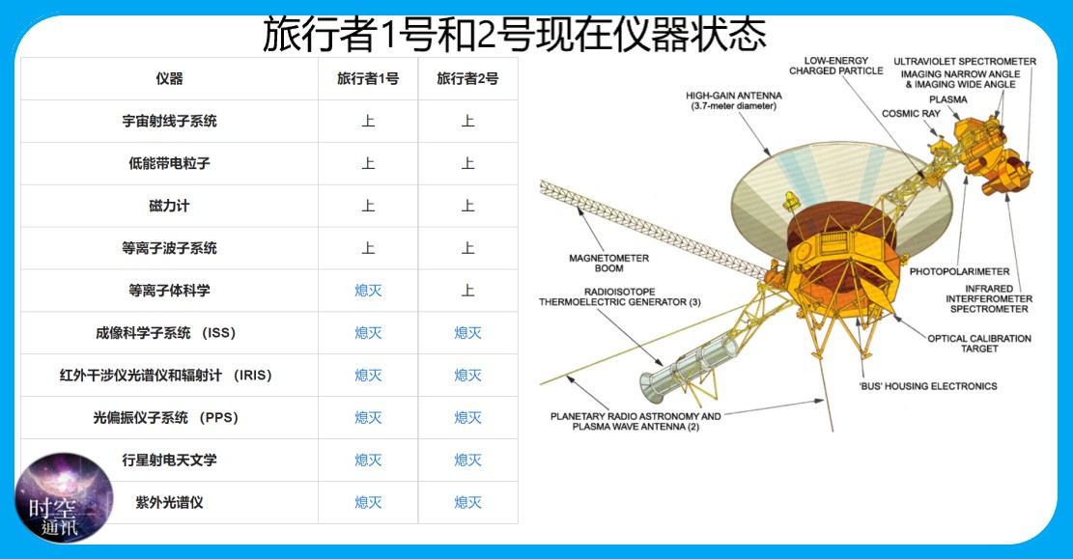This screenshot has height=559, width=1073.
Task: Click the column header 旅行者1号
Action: (x=368, y=78)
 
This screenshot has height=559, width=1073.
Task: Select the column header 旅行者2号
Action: (x=468, y=78)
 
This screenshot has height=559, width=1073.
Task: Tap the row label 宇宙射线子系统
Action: (x=170, y=121)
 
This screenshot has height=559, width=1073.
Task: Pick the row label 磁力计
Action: (x=170, y=206)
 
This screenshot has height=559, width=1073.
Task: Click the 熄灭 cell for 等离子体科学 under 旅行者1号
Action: (x=368, y=291)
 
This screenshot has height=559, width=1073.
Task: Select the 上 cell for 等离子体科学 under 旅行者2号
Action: (x=468, y=291)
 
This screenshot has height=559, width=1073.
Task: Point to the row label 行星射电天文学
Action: (x=170, y=461)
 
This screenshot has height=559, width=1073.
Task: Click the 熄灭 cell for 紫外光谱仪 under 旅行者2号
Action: (x=468, y=503)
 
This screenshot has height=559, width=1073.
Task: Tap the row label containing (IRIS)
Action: (x=165, y=376)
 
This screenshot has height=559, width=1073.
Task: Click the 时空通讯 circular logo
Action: (x=63, y=497)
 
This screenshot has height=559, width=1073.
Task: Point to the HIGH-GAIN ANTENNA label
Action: (x=734, y=100)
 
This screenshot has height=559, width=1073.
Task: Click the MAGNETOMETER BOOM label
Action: (x=609, y=264)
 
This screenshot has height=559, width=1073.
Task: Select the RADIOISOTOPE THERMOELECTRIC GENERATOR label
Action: (x=619, y=297)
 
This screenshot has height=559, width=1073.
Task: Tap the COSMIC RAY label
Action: (x=911, y=114)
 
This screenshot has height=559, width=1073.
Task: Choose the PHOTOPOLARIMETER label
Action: (x=959, y=271)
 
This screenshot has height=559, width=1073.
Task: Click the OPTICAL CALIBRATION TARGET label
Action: (x=979, y=344)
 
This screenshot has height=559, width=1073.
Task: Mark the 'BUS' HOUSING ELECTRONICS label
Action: (x=928, y=386)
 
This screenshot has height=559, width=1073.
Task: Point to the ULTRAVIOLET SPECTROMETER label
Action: (x=965, y=62)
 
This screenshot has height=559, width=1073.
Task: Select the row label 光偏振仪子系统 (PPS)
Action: (x=165, y=418)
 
